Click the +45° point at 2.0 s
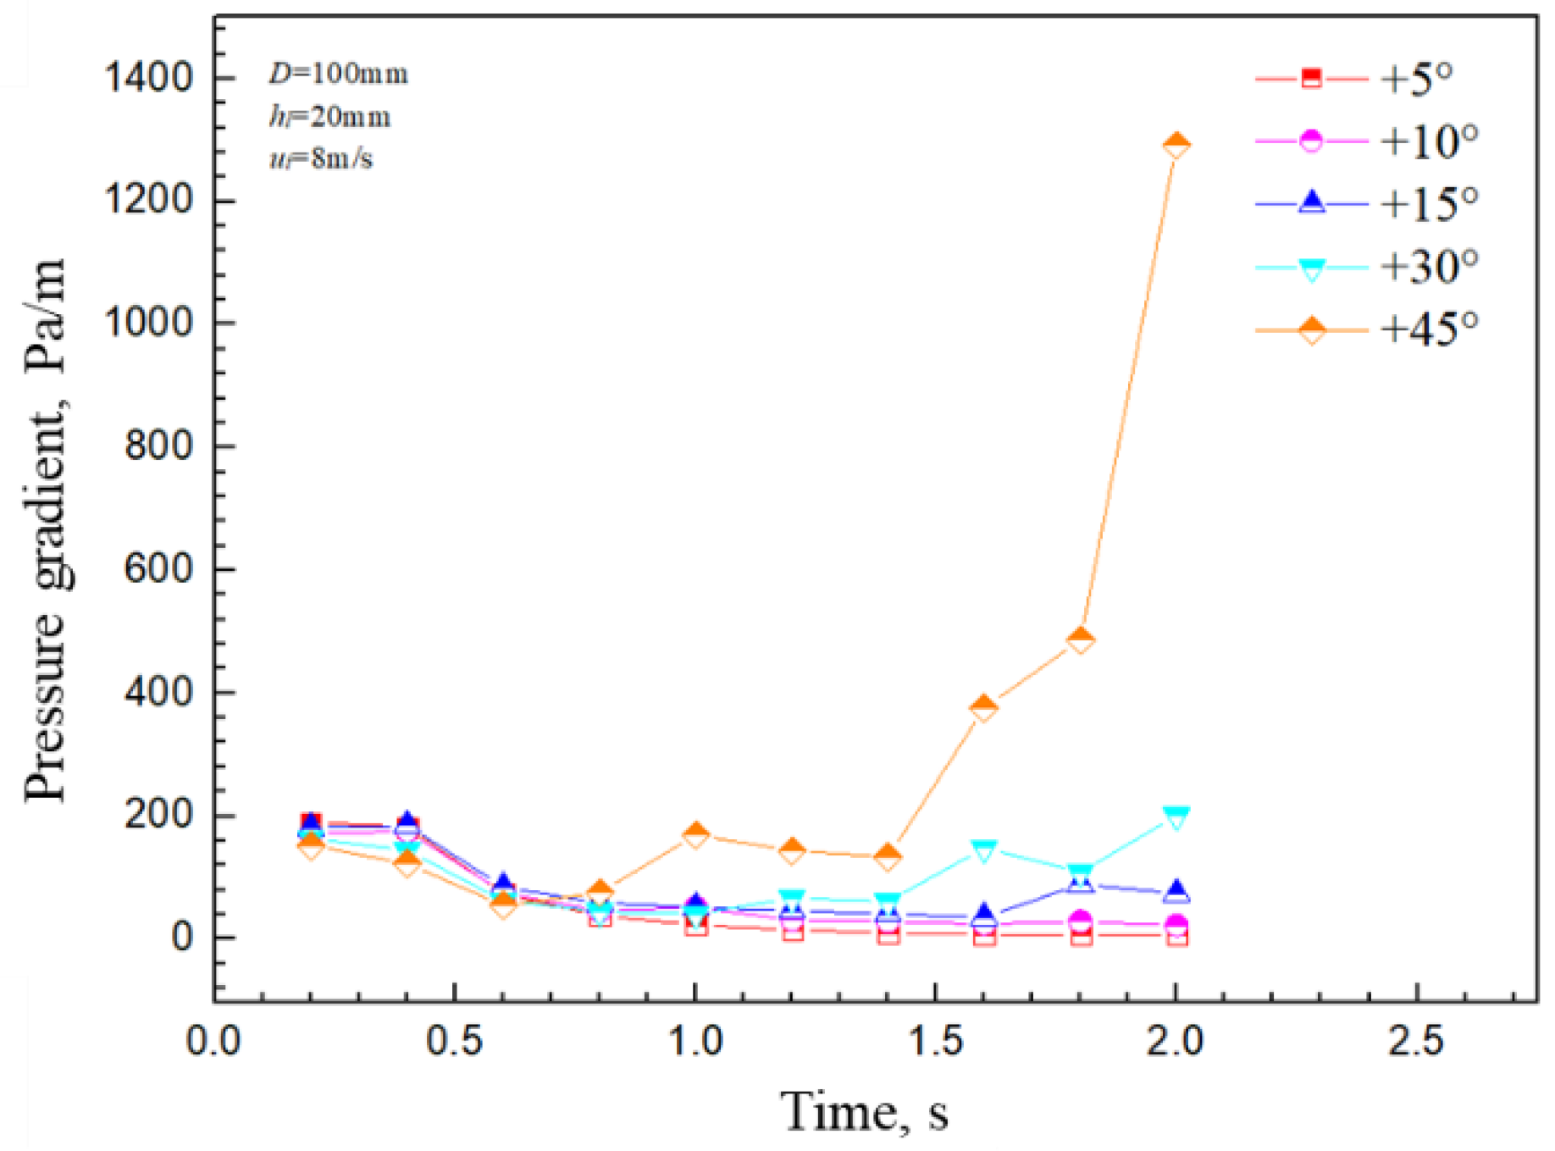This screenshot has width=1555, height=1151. coord(1176,145)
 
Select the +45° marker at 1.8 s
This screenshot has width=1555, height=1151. coord(1080,639)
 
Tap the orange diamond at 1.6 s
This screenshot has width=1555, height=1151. coord(983,707)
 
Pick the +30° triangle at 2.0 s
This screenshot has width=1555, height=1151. coord(1176,817)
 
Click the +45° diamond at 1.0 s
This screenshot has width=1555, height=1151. coord(695,834)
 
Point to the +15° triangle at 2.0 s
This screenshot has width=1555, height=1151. coord(1176,891)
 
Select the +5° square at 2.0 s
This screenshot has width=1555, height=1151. coord(1176,935)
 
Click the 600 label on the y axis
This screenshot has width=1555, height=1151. coord(159,569)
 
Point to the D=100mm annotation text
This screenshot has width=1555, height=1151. coord(339,75)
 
